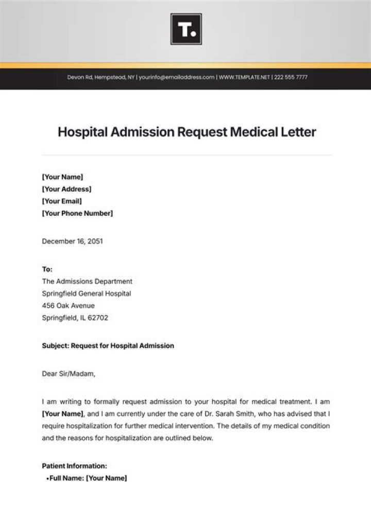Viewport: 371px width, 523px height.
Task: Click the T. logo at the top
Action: [185, 29]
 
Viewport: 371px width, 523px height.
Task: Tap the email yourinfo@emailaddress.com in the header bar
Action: [177, 77]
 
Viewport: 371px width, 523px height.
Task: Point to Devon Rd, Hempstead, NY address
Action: [101, 77]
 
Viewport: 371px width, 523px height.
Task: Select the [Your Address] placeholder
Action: [66, 189]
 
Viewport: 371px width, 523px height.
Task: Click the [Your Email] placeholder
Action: [61, 201]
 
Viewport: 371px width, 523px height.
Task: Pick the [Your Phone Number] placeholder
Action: [77, 213]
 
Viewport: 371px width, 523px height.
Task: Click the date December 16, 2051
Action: [72, 241]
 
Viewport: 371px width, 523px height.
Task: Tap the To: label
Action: [47, 269]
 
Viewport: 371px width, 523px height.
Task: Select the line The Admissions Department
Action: [87, 282]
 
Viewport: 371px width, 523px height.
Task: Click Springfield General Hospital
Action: [86, 293]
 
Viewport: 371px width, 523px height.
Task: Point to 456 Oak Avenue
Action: [68, 306]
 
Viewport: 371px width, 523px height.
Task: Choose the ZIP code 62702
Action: [97, 318]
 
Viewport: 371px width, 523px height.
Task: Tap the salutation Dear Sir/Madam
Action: [69, 374]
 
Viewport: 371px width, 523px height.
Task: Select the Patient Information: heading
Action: [74, 466]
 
